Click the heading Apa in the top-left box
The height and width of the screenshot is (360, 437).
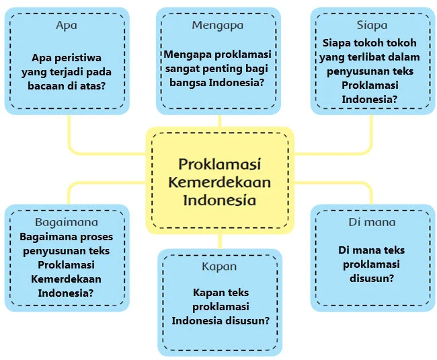[x=67, y=26]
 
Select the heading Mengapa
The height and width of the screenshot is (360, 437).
[x=217, y=26]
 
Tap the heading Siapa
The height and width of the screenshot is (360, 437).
[x=372, y=26]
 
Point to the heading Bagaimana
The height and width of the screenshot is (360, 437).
[x=67, y=222]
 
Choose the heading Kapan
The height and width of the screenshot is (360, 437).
[x=219, y=266]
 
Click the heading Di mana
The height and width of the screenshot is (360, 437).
[x=372, y=222]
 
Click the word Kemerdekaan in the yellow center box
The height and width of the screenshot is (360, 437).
[x=220, y=182]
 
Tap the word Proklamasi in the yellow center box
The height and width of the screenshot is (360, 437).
[x=220, y=165]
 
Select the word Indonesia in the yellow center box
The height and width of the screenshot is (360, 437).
[x=220, y=200]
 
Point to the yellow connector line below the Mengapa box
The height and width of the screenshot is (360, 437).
[x=220, y=120]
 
